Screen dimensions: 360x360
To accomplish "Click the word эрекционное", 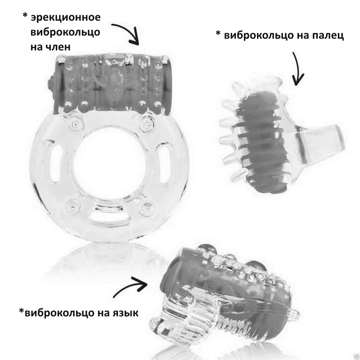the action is point(65,18).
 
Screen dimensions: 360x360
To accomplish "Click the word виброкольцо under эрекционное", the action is point(65,32).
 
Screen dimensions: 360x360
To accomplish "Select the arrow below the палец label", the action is point(298,69).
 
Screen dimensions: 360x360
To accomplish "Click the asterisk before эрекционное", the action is point(25,17).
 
